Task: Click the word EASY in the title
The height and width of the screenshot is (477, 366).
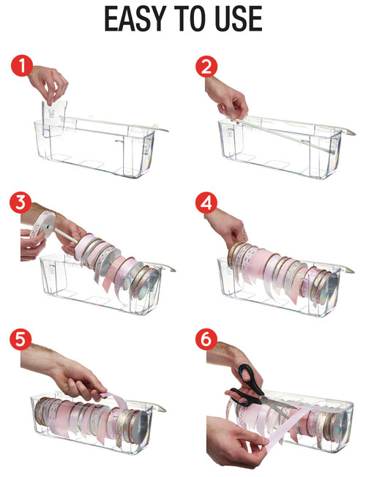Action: click(135, 20)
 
